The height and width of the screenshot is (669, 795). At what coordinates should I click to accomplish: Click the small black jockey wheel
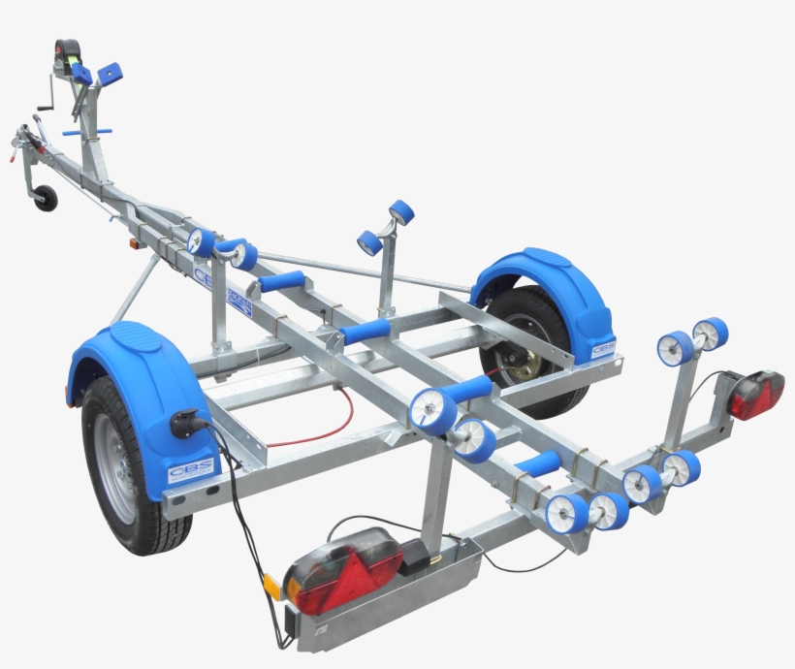(45, 197)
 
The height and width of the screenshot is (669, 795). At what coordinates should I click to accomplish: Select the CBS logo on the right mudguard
(602, 346)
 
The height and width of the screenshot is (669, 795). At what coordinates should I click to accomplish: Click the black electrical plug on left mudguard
(183, 424)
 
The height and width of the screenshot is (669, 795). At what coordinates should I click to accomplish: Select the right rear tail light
(756, 395)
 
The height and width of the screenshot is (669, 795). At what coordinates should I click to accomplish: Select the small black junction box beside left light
(417, 556)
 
